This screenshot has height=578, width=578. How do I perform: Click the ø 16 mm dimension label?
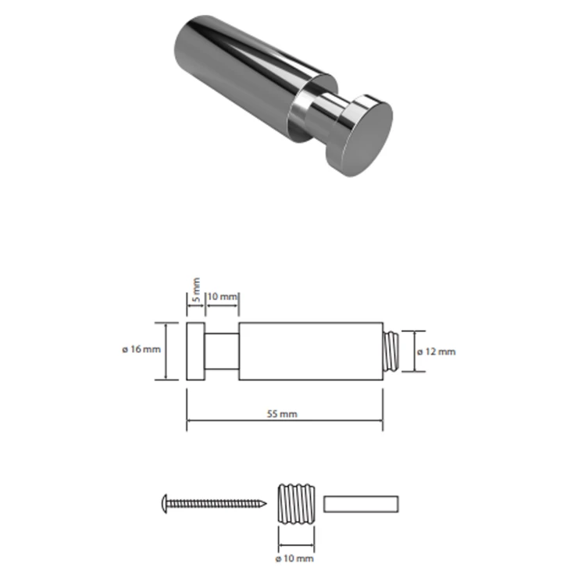point(141,349)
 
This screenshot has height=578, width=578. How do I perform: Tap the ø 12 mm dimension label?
point(437,351)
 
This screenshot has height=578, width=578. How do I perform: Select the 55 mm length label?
point(282,414)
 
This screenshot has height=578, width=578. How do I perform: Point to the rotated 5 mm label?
point(197,290)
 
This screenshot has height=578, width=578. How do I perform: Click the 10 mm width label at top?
point(222,296)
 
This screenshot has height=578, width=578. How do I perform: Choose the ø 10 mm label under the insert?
point(295,558)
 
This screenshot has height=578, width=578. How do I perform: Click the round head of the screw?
point(165,504)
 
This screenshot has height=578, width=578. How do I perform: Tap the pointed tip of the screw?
point(266,503)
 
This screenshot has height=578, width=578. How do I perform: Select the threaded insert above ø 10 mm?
point(296,504)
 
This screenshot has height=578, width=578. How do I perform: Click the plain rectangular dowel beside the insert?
point(361,504)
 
